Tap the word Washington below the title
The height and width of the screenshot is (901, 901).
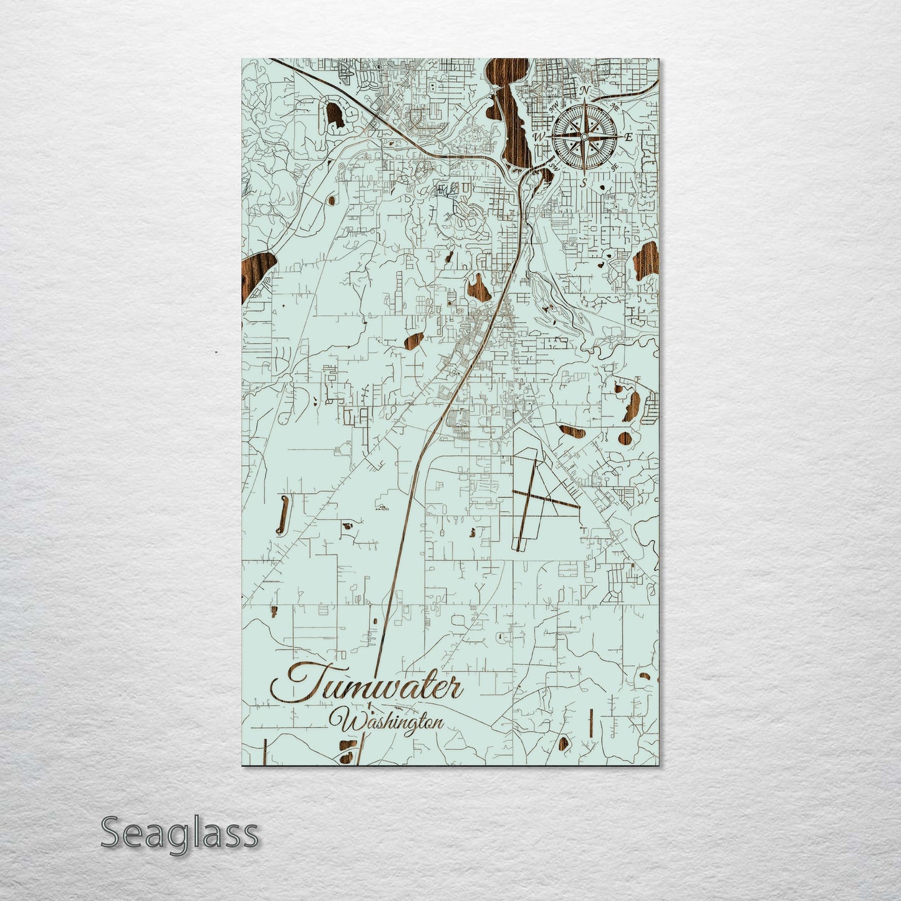click(x=391, y=721)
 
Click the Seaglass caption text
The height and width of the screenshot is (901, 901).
click(x=179, y=833)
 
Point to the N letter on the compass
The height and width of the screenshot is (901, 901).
click(x=584, y=91)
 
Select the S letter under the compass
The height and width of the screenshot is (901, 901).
click(x=584, y=183)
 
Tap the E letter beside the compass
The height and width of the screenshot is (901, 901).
click(x=629, y=137)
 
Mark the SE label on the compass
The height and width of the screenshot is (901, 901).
click(x=615, y=167)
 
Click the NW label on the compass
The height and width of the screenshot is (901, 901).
click(x=554, y=107)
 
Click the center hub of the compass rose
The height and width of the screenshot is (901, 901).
click(x=584, y=137)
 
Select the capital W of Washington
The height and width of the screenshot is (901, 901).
click(x=347, y=723)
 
